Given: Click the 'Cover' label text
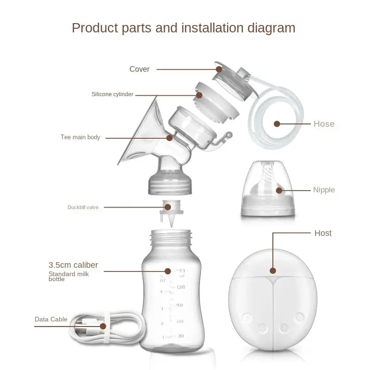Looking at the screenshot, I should [139, 69].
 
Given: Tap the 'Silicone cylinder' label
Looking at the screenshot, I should [112, 94].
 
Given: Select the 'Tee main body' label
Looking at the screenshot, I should [80, 137].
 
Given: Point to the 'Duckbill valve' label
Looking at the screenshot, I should [83, 207].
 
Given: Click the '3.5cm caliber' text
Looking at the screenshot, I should [73, 265].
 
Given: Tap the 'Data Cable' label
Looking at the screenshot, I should [51, 319].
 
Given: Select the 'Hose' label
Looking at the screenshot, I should [324, 124].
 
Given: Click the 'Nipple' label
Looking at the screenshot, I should [324, 190].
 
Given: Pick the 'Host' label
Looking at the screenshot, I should [323, 233].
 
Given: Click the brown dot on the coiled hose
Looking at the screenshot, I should [277, 124].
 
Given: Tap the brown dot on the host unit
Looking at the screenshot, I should [273, 271].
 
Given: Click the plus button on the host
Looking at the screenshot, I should [284, 328].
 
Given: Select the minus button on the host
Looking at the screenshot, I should [263, 328].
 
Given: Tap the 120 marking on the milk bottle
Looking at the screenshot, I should [180, 287].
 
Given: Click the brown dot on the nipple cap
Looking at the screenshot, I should [279, 190].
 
